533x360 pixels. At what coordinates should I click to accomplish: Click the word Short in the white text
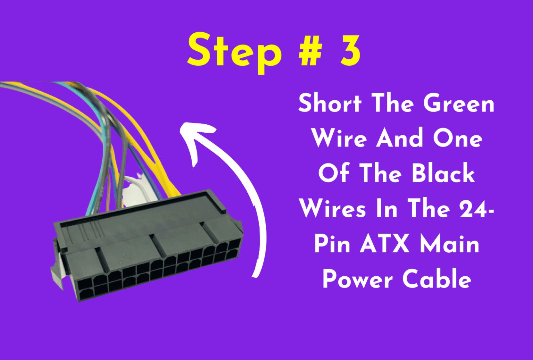pyautogui.click(x=330, y=103)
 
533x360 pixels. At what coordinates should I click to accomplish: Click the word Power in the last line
pyautogui.click(x=357, y=279)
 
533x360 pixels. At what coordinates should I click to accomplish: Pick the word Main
pyautogui.click(x=450, y=244)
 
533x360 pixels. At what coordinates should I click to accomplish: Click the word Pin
pyautogui.click(x=332, y=244)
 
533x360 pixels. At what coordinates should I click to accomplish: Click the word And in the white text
pyautogui.click(x=400, y=138)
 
